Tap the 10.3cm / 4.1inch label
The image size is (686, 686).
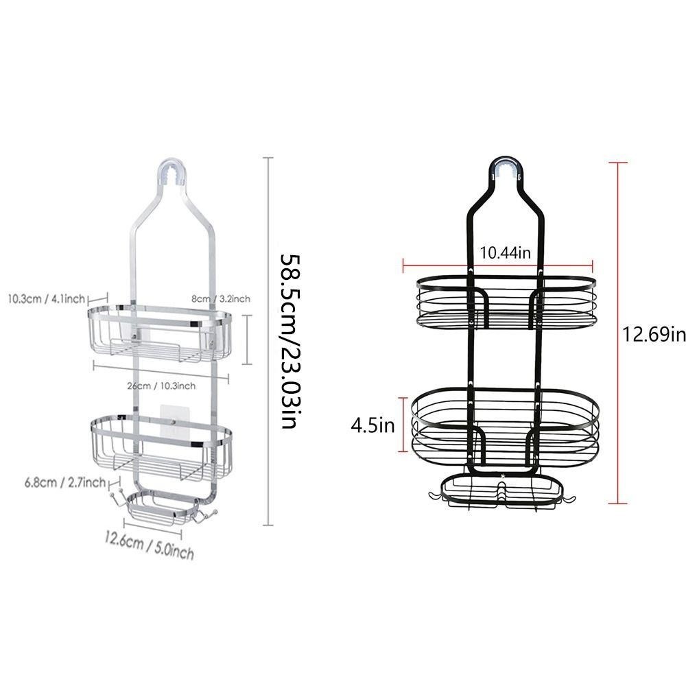pyautogui.click(x=47, y=299)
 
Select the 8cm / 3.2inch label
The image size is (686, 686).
pyautogui.click(x=221, y=298)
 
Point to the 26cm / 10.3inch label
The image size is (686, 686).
pyautogui.click(x=161, y=386)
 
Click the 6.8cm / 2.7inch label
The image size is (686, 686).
pyautogui.click(x=65, y=482)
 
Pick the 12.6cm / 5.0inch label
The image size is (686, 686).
pyautogui.click(x=149, y=545)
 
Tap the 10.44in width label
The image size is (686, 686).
pyautogui.click(x=506, y=252)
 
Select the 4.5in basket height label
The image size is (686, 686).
pyautogui.click(x=372, y=425)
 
